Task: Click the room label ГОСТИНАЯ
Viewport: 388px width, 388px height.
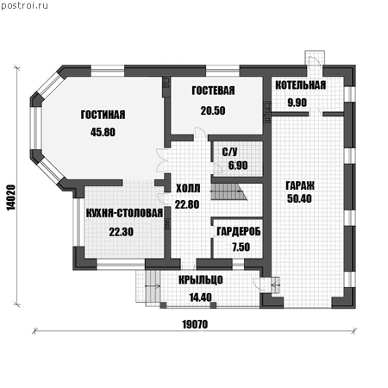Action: tap(103, 115)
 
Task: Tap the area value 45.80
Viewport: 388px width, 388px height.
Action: tap(103, 132)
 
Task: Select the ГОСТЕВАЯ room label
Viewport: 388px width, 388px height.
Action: tap(213, 91)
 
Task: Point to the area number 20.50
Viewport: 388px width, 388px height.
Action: tap(213, 110)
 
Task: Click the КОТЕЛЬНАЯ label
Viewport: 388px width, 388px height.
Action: tap(301, 85)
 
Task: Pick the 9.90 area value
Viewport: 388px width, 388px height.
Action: tap(297, 103)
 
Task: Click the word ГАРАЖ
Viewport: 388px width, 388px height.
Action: tap(300, 185)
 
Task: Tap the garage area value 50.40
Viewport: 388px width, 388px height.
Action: tap(299, 198)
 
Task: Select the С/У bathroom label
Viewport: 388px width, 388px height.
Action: tap(229, 152)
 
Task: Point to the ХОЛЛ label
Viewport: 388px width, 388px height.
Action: tap(188, 189)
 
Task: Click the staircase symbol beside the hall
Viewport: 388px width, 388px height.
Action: tap(229, 192)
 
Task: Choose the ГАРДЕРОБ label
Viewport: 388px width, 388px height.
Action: tap(239, 231)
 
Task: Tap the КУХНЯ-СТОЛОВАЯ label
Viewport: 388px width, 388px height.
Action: tap(124, 213)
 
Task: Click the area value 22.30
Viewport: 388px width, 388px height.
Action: tap(122, 232)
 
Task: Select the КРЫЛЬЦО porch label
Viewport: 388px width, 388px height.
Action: tap(201, 279)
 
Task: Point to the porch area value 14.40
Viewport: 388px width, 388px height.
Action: tap(201, 297)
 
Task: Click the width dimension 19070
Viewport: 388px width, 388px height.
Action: tap(195, 324)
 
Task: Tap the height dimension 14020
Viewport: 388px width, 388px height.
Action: tap(10, 197)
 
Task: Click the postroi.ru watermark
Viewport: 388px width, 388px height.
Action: tap(25, 5)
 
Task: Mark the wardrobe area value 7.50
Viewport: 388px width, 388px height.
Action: tap(241, 247)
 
